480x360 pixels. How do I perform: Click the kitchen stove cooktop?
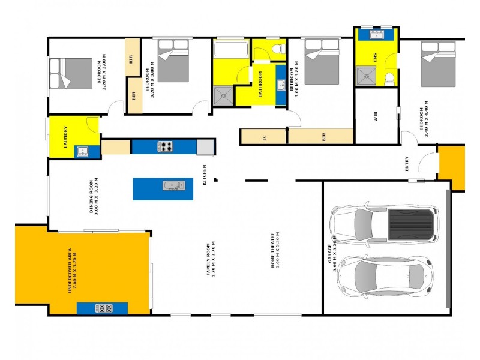(166, 146)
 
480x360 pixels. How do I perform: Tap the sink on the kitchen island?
(174, 185)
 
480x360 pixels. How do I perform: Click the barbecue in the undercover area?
(103, 308)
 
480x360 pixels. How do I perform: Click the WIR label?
(376, 116)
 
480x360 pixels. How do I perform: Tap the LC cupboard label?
(265, 137)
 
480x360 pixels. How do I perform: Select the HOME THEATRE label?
(275, 251)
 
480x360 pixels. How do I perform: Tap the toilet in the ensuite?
(389, 77)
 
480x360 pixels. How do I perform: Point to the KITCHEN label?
(205, 174)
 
